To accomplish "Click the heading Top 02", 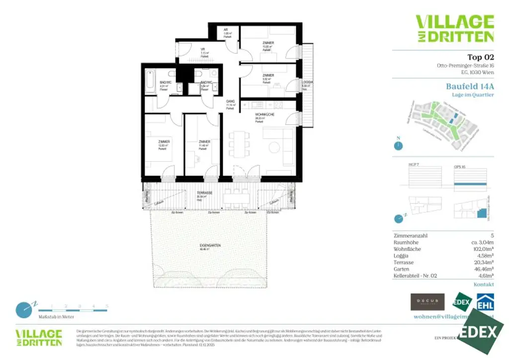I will [481, 57].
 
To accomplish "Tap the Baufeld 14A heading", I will [470, 86].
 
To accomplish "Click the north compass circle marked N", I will [398, 146].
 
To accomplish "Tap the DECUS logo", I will [427, 301].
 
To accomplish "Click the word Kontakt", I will [484, 284].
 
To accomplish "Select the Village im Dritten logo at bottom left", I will [39, 338].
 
